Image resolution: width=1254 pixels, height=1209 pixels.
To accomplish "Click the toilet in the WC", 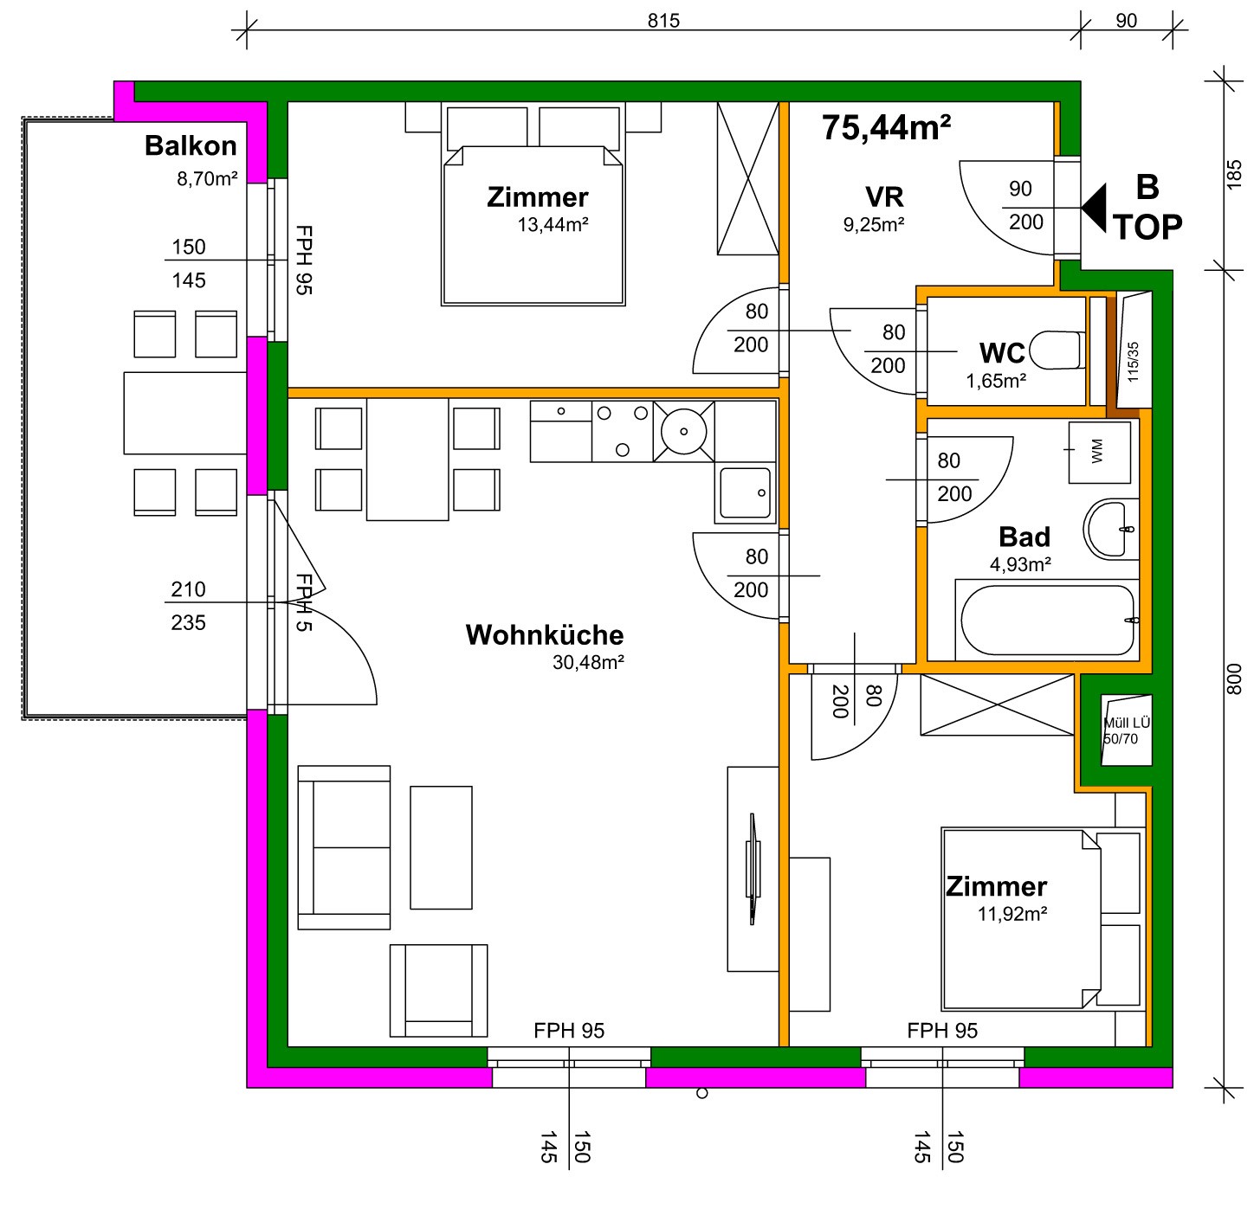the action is (1057, 351).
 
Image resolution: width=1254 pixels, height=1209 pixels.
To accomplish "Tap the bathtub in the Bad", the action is (1047, 621).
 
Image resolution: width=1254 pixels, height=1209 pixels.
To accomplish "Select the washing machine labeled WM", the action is (1099, 452).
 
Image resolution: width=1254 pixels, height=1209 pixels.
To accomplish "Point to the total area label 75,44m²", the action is (886, 127).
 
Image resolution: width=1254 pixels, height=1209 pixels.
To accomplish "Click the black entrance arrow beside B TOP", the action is (1094, 208).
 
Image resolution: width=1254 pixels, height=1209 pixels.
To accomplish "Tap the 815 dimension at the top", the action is (663, 21).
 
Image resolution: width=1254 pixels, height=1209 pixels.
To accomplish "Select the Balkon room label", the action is (191, 145).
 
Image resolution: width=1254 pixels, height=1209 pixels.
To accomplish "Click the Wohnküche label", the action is (545, 635).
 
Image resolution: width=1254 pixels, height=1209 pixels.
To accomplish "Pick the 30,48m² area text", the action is (588, 662).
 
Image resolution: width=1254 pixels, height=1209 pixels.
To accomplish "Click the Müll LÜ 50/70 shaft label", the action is (1127, 730).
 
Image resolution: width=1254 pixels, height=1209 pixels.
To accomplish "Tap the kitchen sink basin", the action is (745, 492).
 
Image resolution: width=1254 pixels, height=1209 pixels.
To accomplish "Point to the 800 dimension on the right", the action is (1233, 678).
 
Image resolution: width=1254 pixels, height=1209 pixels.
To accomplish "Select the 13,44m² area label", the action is (553, 225).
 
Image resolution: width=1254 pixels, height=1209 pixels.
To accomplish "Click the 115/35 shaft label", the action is (1133, 362).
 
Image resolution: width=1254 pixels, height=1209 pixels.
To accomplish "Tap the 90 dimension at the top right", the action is (1126, 21).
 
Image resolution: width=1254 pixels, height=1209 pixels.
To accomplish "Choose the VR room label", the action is (884, 197).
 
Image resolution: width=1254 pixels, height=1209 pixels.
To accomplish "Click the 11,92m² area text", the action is (1012, 914).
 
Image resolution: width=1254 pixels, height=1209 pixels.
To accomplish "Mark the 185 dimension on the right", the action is (1233, 175).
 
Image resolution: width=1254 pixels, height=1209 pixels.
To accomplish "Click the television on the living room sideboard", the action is (752, 869).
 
